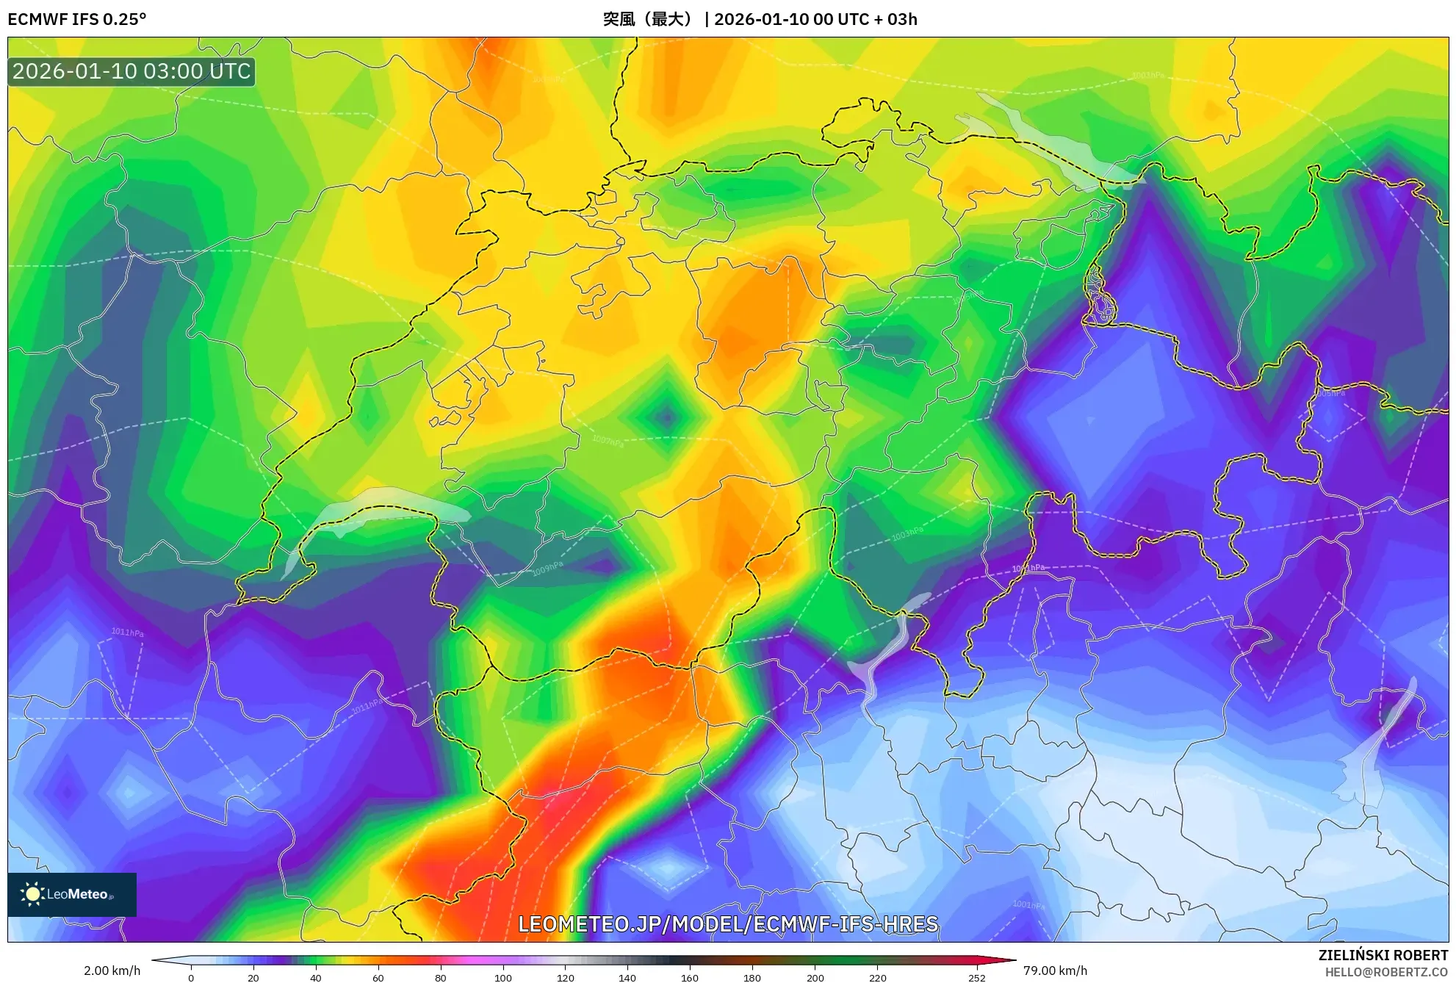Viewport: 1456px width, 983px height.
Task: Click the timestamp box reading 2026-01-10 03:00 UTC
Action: pos(131,71)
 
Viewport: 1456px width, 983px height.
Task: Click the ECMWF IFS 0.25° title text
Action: pos(77,19)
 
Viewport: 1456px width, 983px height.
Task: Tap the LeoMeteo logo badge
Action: pos(72,894)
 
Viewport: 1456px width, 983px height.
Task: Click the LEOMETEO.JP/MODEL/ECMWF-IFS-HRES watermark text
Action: pos(728,924)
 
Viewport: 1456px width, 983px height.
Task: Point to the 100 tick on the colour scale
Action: pos(503,977)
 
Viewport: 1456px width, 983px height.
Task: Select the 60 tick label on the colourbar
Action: pos(378,977)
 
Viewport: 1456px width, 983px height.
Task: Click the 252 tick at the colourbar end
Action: pos(976,977)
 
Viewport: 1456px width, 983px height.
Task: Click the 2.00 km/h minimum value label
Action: pos(112,971)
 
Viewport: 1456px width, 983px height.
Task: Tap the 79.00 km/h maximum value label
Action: pos(1055,971)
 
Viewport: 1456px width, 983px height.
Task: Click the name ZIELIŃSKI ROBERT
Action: pos(1383,955)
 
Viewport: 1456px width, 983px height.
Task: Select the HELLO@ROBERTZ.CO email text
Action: pos(1386,972)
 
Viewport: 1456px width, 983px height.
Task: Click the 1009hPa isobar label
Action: pos(547,569)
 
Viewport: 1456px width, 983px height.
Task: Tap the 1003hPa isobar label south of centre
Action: pos(907,534)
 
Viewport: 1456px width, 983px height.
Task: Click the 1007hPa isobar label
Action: pos(608,442)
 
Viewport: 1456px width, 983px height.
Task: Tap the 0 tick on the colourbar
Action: pos(191,977)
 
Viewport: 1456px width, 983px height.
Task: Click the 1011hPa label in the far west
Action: pos(127,632)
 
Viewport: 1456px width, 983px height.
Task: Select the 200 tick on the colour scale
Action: pos(815,977)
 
